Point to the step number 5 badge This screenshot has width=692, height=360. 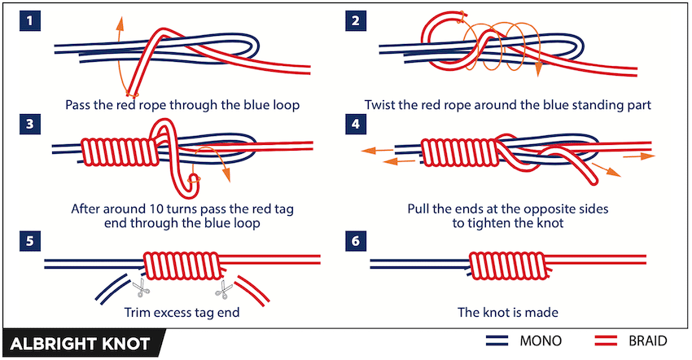point(31,241)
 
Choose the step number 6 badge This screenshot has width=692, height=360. point(356,241)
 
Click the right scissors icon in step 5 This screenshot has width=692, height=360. point(221,288)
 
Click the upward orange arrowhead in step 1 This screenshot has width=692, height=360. point(120,20)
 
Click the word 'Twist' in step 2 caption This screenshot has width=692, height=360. point(380,105)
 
